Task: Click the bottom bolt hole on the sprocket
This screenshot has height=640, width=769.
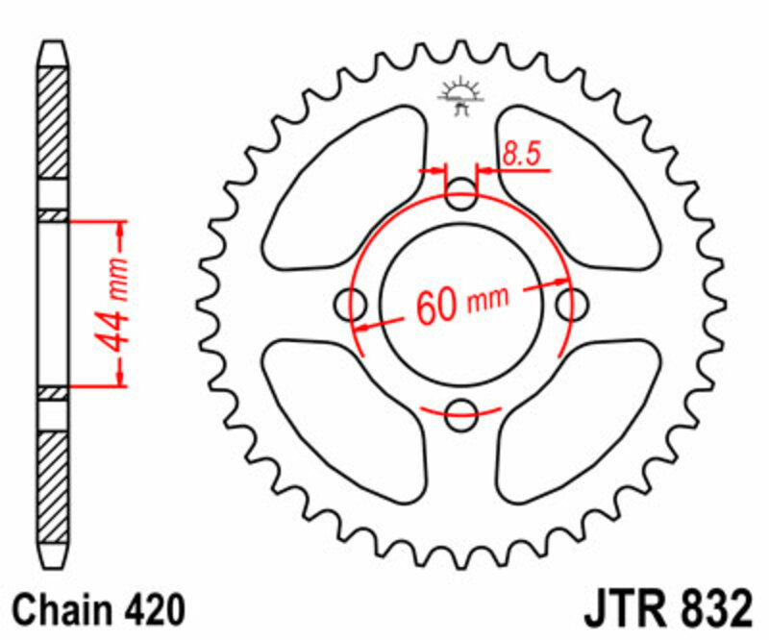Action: click(x=462, y=416)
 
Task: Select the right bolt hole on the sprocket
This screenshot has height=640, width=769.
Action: click(x=573, y=306)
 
